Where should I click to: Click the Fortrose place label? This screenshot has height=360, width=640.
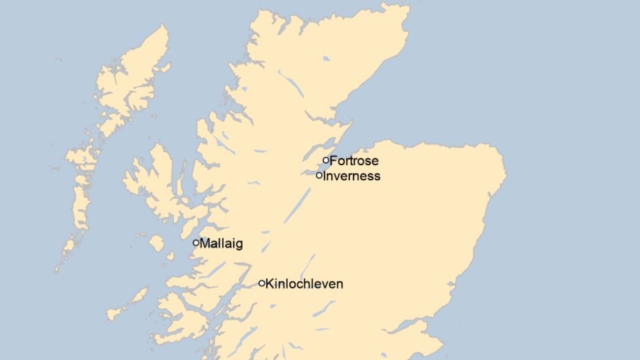click(354, 161)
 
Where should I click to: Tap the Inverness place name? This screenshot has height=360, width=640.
click(351, 176)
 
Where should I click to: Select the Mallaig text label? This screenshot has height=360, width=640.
click(221, 244)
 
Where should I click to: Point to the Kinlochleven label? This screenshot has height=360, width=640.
click(304, 284)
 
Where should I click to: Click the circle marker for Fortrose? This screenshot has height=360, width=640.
click(326, 160)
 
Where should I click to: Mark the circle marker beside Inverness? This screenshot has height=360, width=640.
click(319, 175)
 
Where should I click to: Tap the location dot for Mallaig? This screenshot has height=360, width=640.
click(196, 243)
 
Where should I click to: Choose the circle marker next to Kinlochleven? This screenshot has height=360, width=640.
click(262, 283)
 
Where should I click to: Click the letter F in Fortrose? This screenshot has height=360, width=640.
click(333, 161)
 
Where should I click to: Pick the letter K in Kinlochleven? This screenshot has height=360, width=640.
click(269, 284)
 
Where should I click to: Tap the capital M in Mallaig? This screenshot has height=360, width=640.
click(205, 244)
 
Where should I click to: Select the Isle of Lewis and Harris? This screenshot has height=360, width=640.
click(131, 85)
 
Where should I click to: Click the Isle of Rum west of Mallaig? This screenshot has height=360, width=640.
click(156, 243)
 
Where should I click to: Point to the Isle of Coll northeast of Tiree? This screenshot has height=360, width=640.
click(138, 297)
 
